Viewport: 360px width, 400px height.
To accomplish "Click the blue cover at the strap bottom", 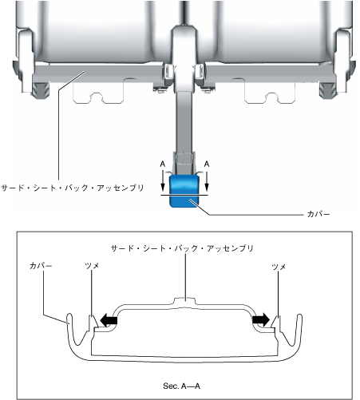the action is click(x=184, y=191).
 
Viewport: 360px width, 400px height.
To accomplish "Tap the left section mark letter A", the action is click(x=163, y=164).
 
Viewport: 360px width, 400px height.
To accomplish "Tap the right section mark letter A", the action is click(x=207, y=164).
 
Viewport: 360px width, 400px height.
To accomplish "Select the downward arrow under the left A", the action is click(x=163, y=181).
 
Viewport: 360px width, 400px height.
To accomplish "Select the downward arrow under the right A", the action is click(x=207, y=181).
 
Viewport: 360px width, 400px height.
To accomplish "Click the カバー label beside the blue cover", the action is click(x=318, y=214).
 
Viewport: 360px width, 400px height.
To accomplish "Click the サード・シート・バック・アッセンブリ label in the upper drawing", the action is click(x=73, y=188).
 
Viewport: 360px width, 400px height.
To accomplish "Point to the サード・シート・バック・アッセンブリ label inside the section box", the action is click(x=182, y=248).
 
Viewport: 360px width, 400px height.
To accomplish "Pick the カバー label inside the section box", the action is click(x=41, y=266).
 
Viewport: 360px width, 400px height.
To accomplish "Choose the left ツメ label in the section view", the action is click(x=92, y=266).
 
